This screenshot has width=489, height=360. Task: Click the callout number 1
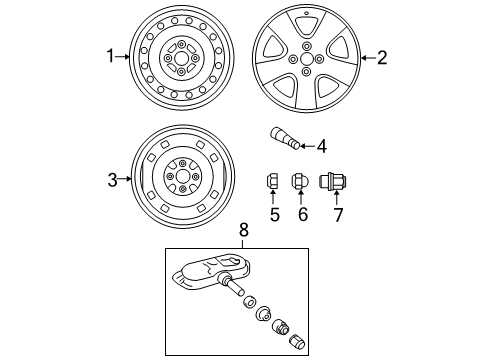tap(111, 57)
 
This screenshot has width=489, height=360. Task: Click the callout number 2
tap(381, 58)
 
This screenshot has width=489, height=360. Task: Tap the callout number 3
tap(113, 180)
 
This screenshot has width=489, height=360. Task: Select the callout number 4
tap(321, 146)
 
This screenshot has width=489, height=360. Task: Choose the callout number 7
tap(335, 213)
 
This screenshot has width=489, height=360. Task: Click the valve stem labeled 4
tap(284, 140)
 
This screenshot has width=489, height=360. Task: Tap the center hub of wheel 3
tap(182, 178)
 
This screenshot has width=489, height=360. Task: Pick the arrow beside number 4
tap(307, 146)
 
